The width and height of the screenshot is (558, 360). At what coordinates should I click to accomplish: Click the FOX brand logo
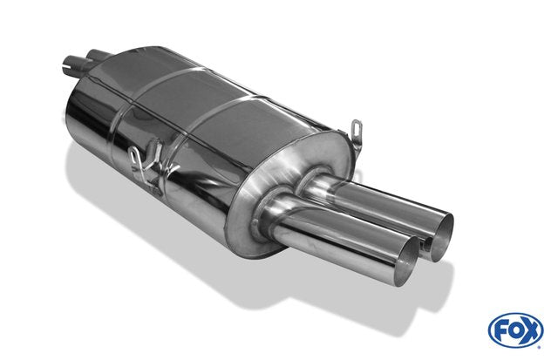515,329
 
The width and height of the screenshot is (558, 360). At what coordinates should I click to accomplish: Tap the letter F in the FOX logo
501,330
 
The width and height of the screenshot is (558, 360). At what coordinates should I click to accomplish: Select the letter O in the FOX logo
515,330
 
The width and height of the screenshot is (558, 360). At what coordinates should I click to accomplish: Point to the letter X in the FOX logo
530,331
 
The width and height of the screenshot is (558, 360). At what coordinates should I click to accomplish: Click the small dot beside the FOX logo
540,346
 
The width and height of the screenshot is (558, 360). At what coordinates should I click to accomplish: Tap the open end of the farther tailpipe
442,237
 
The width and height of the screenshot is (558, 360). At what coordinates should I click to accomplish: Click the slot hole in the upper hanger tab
357,127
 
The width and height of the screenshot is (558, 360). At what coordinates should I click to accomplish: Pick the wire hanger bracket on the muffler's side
147,165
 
